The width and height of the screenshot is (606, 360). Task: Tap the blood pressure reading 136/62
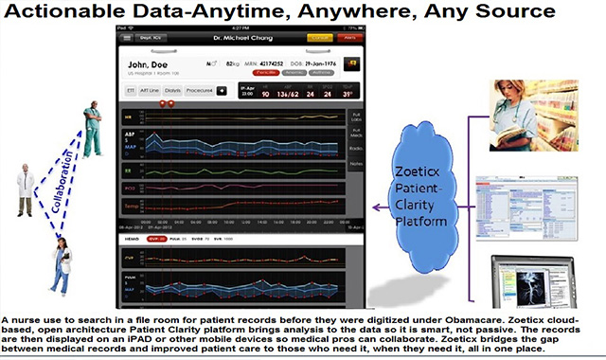click(x=275, y=94)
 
